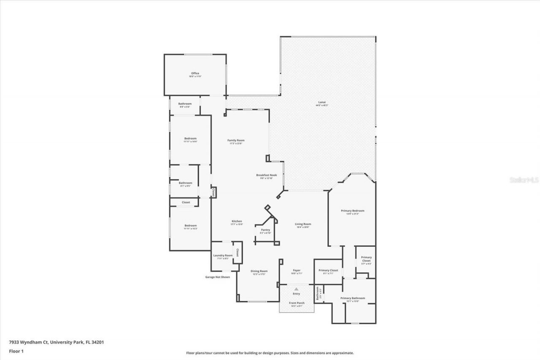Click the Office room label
[x=194, y=73]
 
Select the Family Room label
[x=236, y=141]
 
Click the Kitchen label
[x=236, y=222]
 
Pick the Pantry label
[x=265, y=230]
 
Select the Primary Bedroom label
[x=352, y=211]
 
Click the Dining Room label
[x=259, y=271]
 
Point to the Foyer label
[x=297, y=270]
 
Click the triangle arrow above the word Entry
[x=296, y=289]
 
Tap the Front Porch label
[x=297, y=303]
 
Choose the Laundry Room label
[x=223, y=255]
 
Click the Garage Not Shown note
[x=217, y=277]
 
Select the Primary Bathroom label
[x=352, y=298]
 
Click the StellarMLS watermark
[x=524, y=180]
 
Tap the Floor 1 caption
[x=16, y=351]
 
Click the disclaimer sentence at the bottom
[x=270, y=353]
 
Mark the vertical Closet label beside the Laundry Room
[x=237, y=252]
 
